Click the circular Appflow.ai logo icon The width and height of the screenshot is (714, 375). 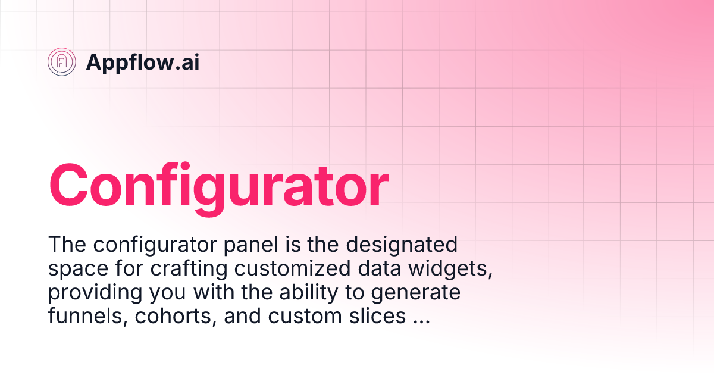[62, 62]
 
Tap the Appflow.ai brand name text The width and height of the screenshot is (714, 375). [143, 62]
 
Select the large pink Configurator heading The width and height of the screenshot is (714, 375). [218, 185]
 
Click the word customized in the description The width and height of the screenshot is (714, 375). [293, 268]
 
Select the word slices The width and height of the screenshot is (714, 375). [377, 316]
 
